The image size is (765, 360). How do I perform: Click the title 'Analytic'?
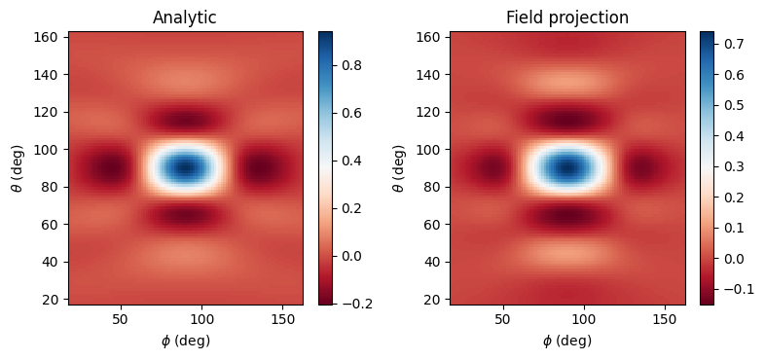click(x=185, y=18)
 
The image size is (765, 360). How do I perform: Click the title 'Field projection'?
click(x=566, y=18)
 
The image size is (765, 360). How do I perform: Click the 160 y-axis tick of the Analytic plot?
click(x=53, y=37)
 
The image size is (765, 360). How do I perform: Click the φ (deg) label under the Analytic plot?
click(x=185, y=341)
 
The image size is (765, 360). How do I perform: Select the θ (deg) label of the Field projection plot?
click(x=400, y=168)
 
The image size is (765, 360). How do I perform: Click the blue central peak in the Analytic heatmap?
click(x=185, y=168)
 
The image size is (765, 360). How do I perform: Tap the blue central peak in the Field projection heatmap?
click(x=566, y=168)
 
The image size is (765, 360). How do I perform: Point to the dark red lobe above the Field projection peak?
click(x=566, y=120)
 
